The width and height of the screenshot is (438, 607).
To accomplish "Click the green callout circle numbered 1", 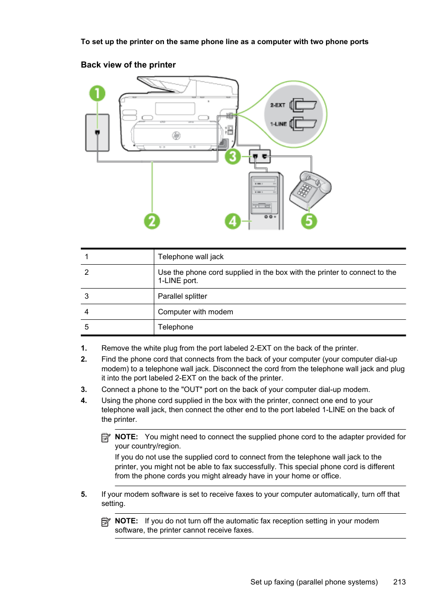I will point(97,94).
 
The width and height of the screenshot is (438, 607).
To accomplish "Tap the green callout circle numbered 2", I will point(152,221).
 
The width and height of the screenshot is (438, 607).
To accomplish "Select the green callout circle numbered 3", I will point(233,157).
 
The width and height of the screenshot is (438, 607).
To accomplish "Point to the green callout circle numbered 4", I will point(233,221).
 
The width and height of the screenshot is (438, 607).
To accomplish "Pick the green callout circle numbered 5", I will point(309,221).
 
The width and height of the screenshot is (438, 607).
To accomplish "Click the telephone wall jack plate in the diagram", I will point(97,133).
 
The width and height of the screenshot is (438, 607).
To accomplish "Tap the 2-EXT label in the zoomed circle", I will point(278,105).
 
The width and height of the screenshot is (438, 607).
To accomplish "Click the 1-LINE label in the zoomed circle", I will point(278,124).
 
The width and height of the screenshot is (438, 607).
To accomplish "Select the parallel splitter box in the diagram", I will point(260,156).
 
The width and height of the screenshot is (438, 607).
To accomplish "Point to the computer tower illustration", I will point(266,200).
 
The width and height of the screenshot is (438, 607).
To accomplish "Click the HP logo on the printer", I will point(176,135).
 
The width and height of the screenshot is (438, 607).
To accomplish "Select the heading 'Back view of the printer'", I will point(128,65).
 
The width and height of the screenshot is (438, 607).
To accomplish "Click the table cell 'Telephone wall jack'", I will point(191,257).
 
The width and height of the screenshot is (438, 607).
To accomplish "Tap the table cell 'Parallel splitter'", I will point(182,296).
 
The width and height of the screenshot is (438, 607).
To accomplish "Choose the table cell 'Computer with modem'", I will point(195,312).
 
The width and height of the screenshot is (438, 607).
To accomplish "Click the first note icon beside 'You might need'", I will point(106,437).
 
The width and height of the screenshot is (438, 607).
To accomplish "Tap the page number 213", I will point(399,582).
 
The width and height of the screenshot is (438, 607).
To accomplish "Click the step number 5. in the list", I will point(84,494).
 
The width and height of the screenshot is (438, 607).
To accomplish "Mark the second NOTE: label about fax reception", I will point(126,521).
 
